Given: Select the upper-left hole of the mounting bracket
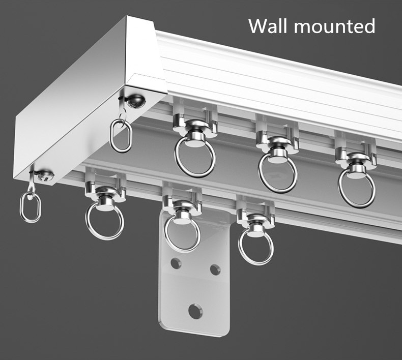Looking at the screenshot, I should point(176,263).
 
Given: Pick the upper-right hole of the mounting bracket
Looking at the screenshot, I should point(215,268).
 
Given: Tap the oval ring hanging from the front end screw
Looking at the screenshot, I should point(30,206).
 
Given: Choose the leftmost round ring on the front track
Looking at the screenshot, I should point(104,221).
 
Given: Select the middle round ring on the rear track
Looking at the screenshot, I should point(277,172).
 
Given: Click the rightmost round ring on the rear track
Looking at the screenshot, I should point(356,188).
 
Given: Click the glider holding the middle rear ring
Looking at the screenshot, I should point(277,140).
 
